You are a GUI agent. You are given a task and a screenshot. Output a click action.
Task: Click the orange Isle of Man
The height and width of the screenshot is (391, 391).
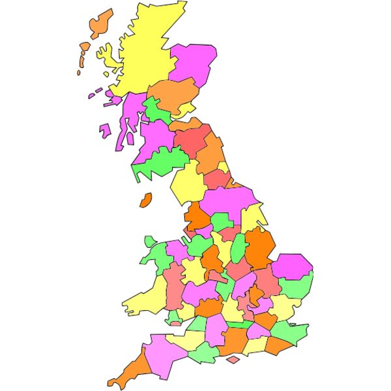click(x=146, y=200)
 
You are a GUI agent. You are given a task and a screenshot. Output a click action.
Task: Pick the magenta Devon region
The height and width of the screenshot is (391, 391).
click(x=163, y=353)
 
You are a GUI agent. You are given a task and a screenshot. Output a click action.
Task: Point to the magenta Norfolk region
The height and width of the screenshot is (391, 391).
click(x=291, y=266)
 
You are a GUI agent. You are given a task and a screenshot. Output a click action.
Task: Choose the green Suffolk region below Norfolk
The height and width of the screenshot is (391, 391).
click(x=297, y=286)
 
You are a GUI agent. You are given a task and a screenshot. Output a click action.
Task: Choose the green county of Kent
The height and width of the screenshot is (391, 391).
click(x=289, y=333)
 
